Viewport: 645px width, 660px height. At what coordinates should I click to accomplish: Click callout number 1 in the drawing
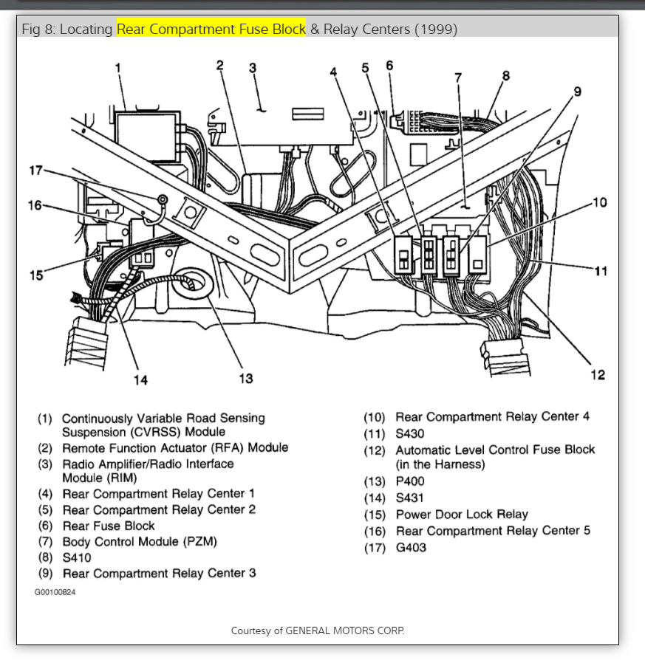tap(117, 69)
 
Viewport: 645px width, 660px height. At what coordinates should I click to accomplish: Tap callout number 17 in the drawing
tap(35, 171)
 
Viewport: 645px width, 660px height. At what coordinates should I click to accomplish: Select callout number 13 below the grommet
tap(245, 378)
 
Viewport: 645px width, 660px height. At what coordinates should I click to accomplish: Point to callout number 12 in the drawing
tap(598, 375)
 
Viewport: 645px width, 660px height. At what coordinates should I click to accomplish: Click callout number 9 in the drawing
tap(577, 92)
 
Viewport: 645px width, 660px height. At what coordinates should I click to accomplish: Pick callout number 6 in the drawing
tap(389, 65)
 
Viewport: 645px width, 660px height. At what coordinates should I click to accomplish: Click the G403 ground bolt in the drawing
tap(160, 200)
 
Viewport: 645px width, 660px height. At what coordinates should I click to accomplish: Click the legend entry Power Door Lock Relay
tap(462, 515)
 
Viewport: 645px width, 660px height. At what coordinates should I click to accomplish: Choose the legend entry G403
tap(411, 547)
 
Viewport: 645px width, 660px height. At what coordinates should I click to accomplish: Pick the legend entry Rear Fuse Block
tap(109, 526)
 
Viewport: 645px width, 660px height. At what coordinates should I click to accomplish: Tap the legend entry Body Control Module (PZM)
tap(140, 542)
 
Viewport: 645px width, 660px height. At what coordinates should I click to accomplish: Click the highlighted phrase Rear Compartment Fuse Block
tap(211, 30)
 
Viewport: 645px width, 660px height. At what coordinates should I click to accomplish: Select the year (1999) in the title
tap(435, 30)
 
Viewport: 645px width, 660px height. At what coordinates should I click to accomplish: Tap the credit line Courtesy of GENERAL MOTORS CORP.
tap(318, 630)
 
